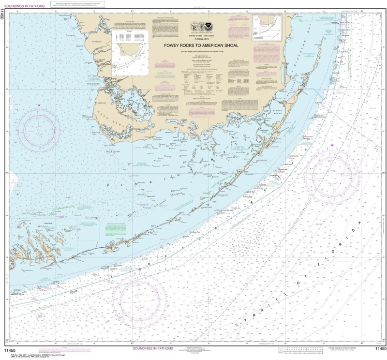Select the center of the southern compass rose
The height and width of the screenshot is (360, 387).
tap(139, 293)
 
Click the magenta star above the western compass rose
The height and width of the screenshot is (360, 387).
tap(39, 105)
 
